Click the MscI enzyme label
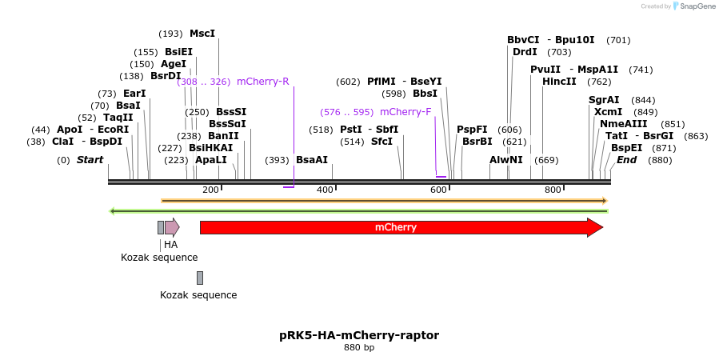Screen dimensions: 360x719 pos(202,34)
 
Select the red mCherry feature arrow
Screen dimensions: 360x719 pos(400,227)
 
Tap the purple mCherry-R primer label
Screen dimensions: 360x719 pos(262,82)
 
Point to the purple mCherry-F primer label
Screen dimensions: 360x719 pos(405,112)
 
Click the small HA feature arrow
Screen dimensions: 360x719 pos(172,227)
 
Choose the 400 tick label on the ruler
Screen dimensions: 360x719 pos(325,190)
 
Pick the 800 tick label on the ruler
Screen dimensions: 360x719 pos(553,190)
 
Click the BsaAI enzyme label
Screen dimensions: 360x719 pos(312,160)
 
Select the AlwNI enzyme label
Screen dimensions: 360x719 pos(506,160)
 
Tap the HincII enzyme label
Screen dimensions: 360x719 pos(559,82)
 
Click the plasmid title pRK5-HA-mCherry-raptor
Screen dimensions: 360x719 pos(359,335)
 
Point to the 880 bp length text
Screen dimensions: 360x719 pos(359,348)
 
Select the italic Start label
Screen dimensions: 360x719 pos(90,160)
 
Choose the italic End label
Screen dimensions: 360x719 pos(626,160)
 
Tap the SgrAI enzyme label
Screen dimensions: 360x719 pos(604,100)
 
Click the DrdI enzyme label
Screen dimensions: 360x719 pos(525,52)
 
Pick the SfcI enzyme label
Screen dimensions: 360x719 pos(381,142)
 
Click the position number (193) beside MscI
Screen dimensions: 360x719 pos(170,34)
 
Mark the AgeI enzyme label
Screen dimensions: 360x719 pos(174,64)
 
